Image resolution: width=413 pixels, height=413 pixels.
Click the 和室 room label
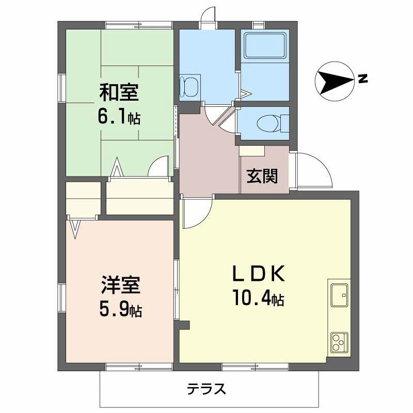click(119, 92)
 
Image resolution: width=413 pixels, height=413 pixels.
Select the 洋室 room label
click(120, 285)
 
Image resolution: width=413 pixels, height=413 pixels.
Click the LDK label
click(258, 274)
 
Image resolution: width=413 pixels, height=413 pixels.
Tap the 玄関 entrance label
click(262, 176)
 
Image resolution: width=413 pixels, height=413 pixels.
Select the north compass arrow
click(335, 81)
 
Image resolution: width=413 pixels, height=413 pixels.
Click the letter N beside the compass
click(363, 78)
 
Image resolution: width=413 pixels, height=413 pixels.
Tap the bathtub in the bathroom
click(265, 45)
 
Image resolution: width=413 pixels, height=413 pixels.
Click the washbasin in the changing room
click(190, 87)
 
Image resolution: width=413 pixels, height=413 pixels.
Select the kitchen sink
click(339, 295)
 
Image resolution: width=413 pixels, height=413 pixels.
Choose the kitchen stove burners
click(339, 342)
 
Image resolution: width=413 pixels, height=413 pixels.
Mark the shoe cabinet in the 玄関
click(252, 151)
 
